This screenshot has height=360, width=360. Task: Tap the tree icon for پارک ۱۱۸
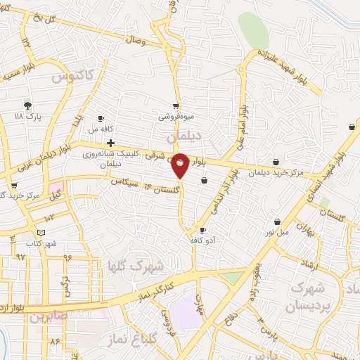(27, 105)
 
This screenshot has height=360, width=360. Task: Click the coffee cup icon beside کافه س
(101, 118)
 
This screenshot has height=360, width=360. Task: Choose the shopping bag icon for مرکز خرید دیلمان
(276, 162)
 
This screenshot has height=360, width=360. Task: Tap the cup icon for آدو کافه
(203, 230)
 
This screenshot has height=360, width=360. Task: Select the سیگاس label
(123, 181)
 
